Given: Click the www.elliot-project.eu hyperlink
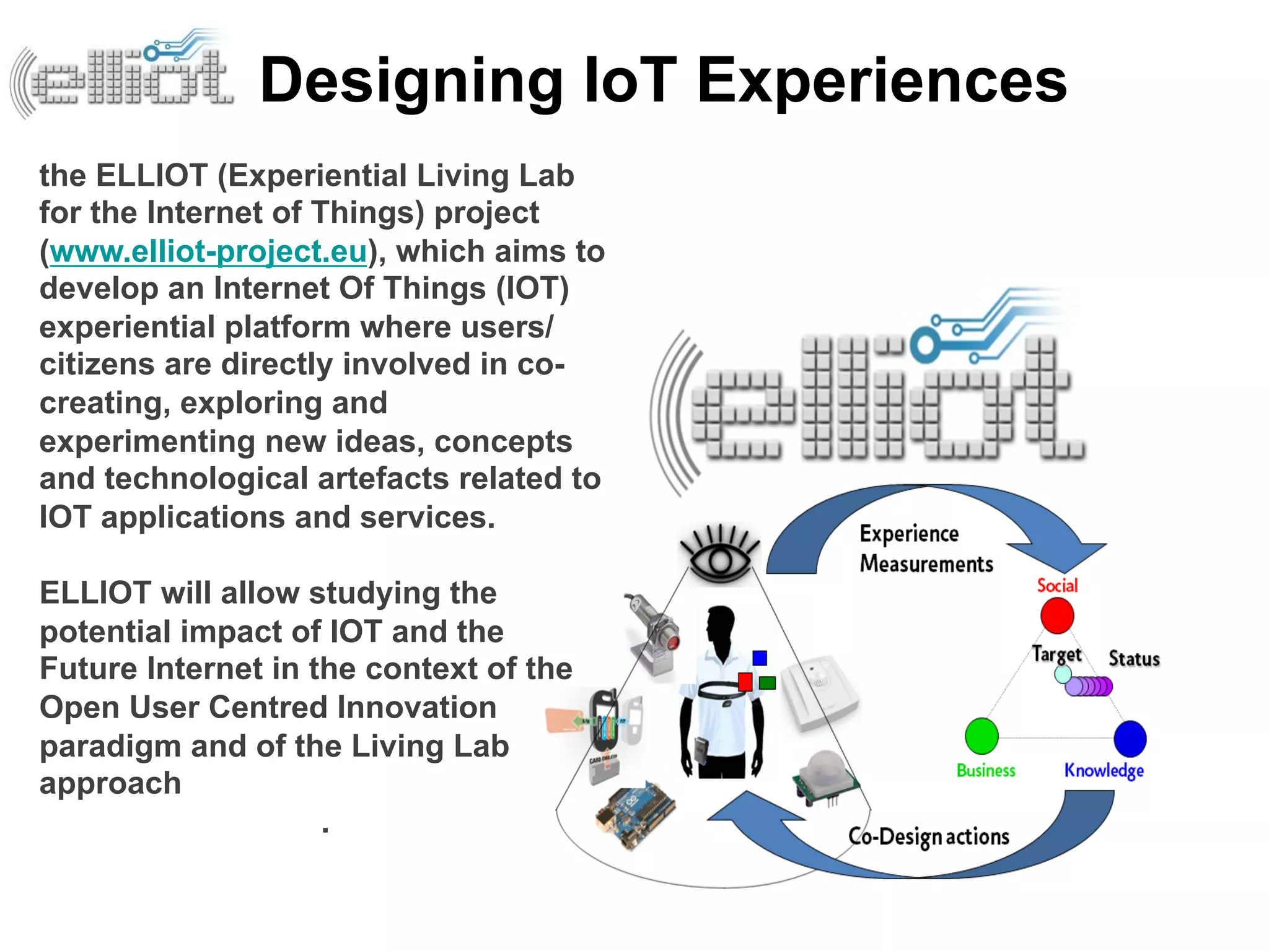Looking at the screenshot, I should click(x=208, y=252).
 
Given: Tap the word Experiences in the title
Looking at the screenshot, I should click(x=881, y=80).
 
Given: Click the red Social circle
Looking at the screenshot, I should click(x=1056, y=616).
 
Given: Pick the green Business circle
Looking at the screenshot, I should click(x=981, y=736).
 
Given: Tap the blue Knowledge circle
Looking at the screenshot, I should click(x=1130, y=739).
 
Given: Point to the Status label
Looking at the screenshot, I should click(x=1133, y=659).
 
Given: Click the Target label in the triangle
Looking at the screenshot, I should click(x=1056, y=654).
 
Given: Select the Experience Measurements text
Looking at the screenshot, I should click(x=925, y=549).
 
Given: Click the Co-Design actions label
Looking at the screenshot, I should click(x=928, y=836).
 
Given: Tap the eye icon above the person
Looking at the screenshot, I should click(x=719, y=554).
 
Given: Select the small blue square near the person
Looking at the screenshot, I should click(x=760, y=658).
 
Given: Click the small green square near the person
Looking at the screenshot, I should click(x=767, y=683).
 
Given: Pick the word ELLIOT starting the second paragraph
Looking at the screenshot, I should click(x=95, y=593).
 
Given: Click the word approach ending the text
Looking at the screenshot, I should click(x=110, y=784).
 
